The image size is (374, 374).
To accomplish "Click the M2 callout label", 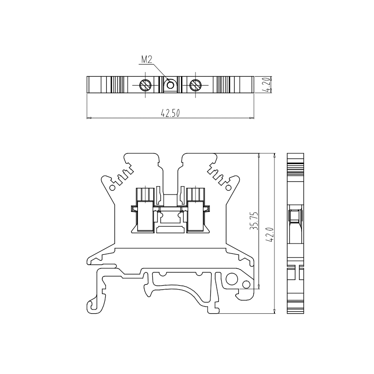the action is point(147,60).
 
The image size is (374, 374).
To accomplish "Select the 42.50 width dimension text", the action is point(170,113).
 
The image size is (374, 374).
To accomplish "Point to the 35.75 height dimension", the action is point(254,221).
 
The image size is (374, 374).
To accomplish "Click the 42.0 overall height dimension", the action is point(270,235).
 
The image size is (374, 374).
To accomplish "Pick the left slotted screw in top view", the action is point(145,85).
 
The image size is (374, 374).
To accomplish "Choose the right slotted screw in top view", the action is point(195,85).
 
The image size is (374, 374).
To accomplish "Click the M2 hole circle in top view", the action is point(170,85).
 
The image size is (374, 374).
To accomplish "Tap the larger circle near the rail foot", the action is point(232,279).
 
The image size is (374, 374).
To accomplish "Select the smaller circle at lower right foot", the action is point(246,284).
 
